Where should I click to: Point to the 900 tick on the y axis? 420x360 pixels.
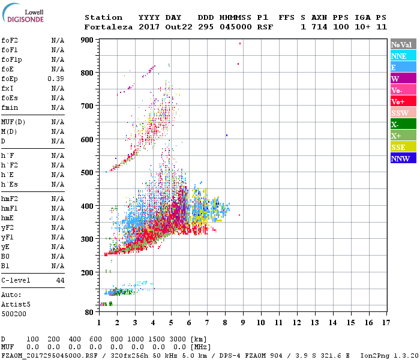88,40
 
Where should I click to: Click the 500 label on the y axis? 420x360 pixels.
88,173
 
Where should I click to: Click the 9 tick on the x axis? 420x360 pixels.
242,323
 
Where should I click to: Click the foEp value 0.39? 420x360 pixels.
56,79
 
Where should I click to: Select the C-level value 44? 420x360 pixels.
60,280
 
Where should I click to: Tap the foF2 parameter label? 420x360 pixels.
10,41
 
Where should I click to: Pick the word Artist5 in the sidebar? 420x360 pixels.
13,304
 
